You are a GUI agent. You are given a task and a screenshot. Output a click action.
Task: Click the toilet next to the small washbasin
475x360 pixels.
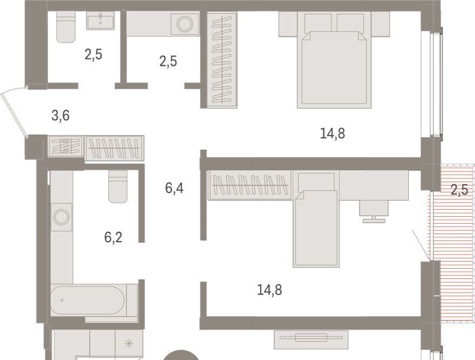(x=66, y=27)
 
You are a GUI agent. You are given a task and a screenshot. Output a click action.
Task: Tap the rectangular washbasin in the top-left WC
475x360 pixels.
(x=101, y=21)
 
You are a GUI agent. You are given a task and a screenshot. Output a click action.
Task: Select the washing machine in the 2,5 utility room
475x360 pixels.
(x=185, y=24)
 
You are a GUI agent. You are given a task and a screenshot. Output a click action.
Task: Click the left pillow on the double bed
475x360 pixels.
(x=318, y=23)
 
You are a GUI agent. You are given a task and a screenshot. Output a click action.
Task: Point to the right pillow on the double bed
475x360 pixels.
(x=350, y=23)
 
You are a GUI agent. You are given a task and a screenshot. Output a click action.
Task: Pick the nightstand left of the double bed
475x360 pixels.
(x=288, y=24)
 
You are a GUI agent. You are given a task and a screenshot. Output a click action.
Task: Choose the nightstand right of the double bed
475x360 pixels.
(x=380, y=24)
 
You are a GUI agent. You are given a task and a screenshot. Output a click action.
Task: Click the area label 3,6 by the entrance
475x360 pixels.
(x=61, y=116)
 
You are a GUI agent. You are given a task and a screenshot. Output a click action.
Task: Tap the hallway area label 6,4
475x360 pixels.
(x=174, y=188)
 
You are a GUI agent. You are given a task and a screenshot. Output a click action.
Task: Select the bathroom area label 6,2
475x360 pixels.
(x=113, y=237)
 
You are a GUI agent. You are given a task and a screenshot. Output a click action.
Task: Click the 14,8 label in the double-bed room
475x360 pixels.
(x=332, y=134)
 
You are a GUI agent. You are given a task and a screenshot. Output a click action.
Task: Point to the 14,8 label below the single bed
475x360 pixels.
(x=269, y=290)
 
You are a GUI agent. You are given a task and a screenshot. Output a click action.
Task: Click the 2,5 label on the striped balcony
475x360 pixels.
(x=459, y=190)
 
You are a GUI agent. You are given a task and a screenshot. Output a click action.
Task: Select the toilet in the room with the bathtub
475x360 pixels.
(x=118, y=186)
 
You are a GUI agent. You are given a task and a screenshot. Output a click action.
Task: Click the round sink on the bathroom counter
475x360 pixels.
(x=62, y=217)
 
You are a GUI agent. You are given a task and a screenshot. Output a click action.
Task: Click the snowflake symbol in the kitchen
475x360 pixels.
(x=129, y=343)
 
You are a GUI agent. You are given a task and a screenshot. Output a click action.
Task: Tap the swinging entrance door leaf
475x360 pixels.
(x=14, y=112)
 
